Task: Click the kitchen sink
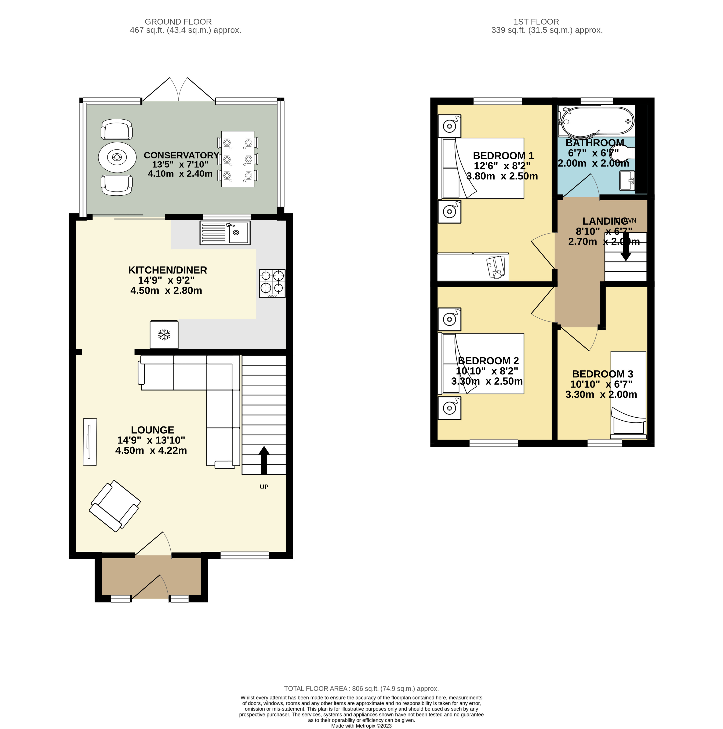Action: [x=225, y=232]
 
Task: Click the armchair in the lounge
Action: [x=115, y=506]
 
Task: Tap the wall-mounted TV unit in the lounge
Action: [x=90, y=442]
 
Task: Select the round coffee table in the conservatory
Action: [x=117, y=157]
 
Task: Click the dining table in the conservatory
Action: [x=238, y=159]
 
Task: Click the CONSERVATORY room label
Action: [x=181, y=155]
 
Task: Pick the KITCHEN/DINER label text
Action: [x=168, y=270]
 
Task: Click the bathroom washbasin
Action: [x=627, y=181]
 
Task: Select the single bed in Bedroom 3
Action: [x=628, y=394]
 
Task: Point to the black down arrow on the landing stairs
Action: [x=626, y=249]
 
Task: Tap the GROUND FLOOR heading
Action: [x=178, y=22]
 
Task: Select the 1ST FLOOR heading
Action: [x=536, y=22]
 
